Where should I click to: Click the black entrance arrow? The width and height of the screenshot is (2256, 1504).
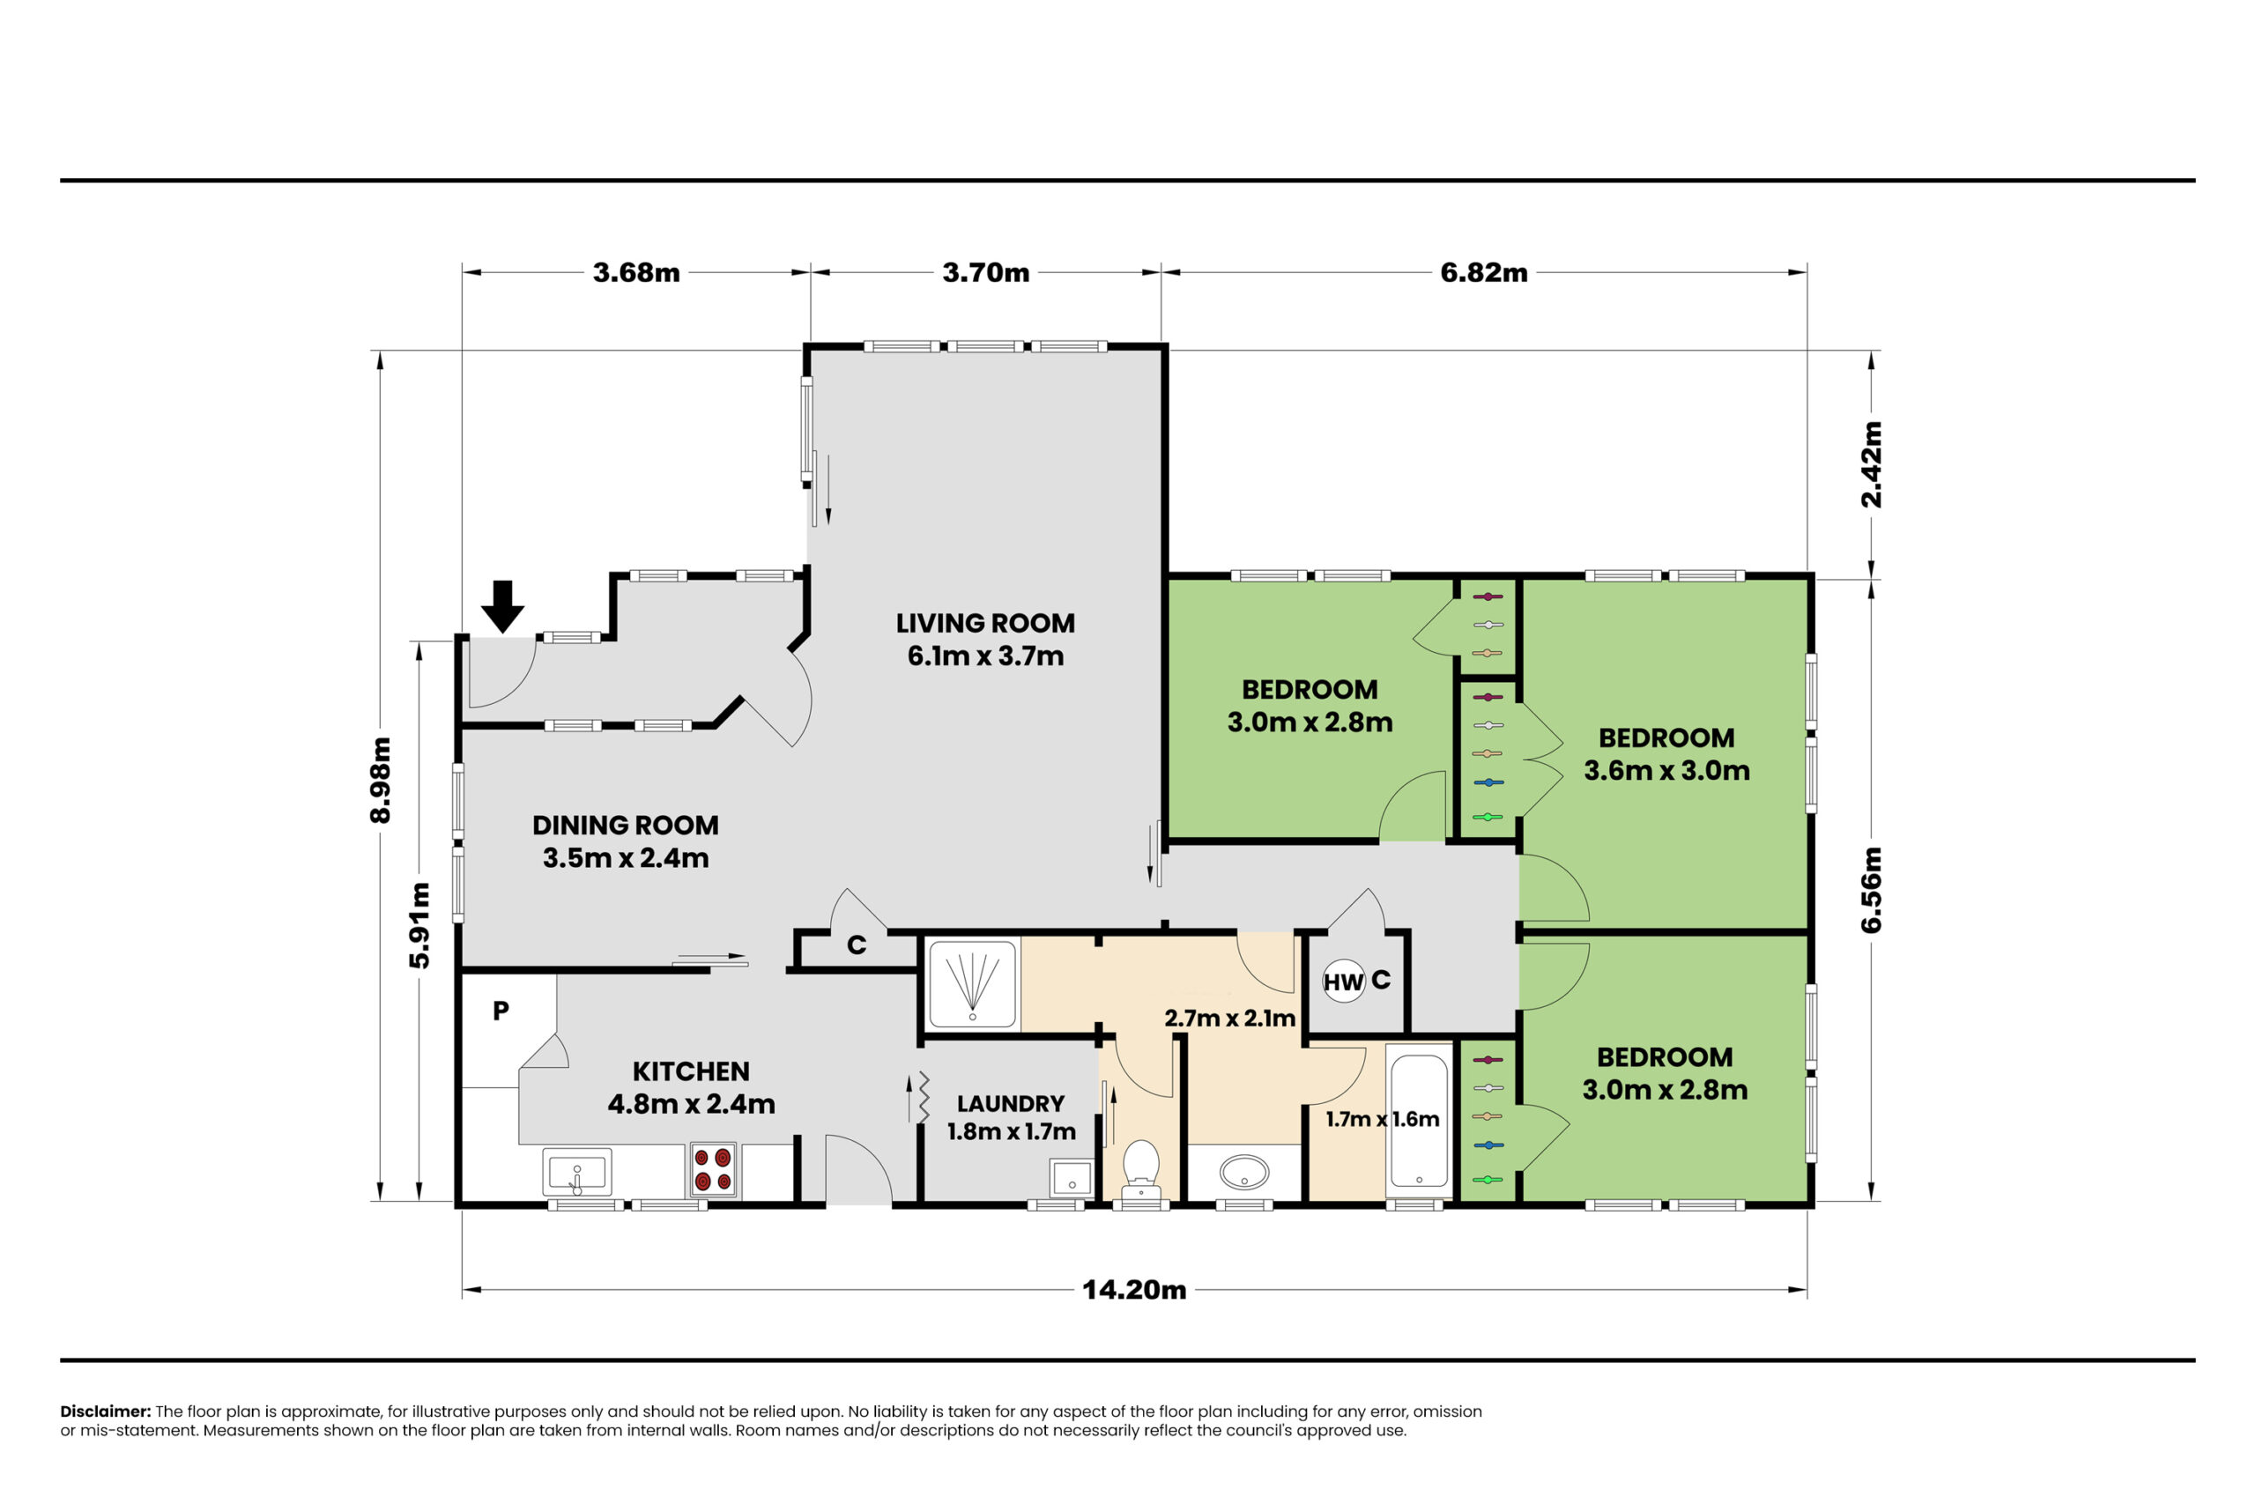coord(501,606)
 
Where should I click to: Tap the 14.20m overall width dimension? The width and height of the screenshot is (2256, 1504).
coord(1134,1290)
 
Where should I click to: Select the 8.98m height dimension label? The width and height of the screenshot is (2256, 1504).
coord(381,780)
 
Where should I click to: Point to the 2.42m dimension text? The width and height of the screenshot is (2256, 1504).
coord(1872,464)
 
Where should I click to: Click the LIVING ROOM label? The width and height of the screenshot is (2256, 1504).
coord(985,624)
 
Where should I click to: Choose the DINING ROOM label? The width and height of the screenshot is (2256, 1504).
coord(626,825)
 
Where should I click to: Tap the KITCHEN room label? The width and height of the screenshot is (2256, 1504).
coord(691,1071)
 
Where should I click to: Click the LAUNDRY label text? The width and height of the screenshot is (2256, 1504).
coord(1011,1104)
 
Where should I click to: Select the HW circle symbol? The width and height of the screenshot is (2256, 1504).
coord(1344,982)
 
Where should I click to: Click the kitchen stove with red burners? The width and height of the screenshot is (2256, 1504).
coord(713,1169)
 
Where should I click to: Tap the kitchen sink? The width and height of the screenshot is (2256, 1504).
coord(576,1172)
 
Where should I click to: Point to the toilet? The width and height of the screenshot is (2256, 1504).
coord(1140,1171)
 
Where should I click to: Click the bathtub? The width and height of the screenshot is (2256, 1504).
coord(1419,1121)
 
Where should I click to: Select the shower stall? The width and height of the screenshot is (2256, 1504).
coord(972,985)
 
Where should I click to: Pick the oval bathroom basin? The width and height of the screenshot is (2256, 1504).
coord(1244,1172)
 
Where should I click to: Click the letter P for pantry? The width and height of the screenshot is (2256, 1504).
coord(501,1010)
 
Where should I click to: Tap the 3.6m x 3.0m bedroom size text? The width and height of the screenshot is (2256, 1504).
coord(1666,770)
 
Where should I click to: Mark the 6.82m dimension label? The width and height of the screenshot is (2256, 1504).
coord(1484,273)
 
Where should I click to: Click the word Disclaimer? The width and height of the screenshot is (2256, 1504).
coord(106,1411)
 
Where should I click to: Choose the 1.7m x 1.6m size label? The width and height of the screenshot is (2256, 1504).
coord(1382,1119)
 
